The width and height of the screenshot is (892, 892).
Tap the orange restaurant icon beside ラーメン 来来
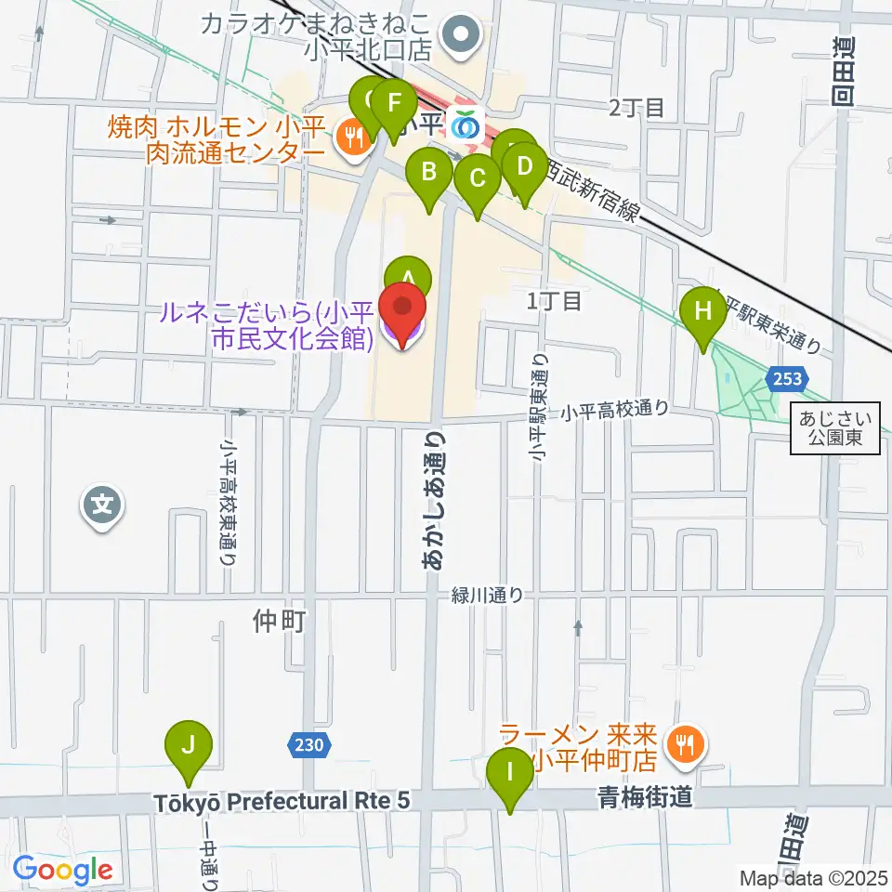click(686, 745)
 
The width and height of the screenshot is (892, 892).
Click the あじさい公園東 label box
click(835, 429)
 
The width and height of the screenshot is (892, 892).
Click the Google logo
click(63, 871)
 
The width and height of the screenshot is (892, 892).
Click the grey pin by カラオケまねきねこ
click(460, 35)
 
